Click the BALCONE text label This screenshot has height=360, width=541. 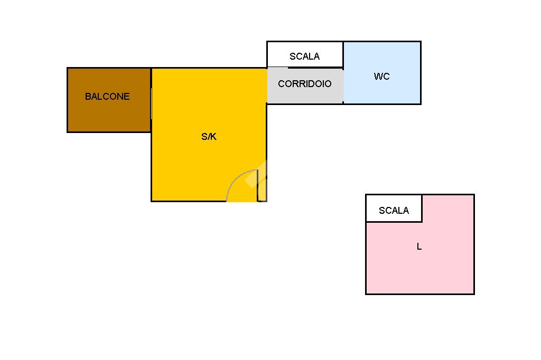pos(107,97)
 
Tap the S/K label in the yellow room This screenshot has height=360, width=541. pos(209,137)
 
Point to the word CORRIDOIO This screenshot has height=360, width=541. pos(305,84)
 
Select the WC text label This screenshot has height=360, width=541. pos(381,76)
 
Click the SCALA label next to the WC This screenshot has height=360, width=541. pos(305,56)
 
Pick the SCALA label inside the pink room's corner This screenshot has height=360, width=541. pos(394,210)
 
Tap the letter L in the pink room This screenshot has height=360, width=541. pos(419,246)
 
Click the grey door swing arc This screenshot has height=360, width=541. pos(235,178)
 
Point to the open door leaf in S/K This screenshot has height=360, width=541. pos(258,185)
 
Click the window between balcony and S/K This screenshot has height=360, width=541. pos(151,103)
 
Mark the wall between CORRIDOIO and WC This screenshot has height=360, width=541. pos(343,86)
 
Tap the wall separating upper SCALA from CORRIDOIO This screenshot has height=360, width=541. pos(305,68)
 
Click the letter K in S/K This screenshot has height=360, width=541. pos(213,137)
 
